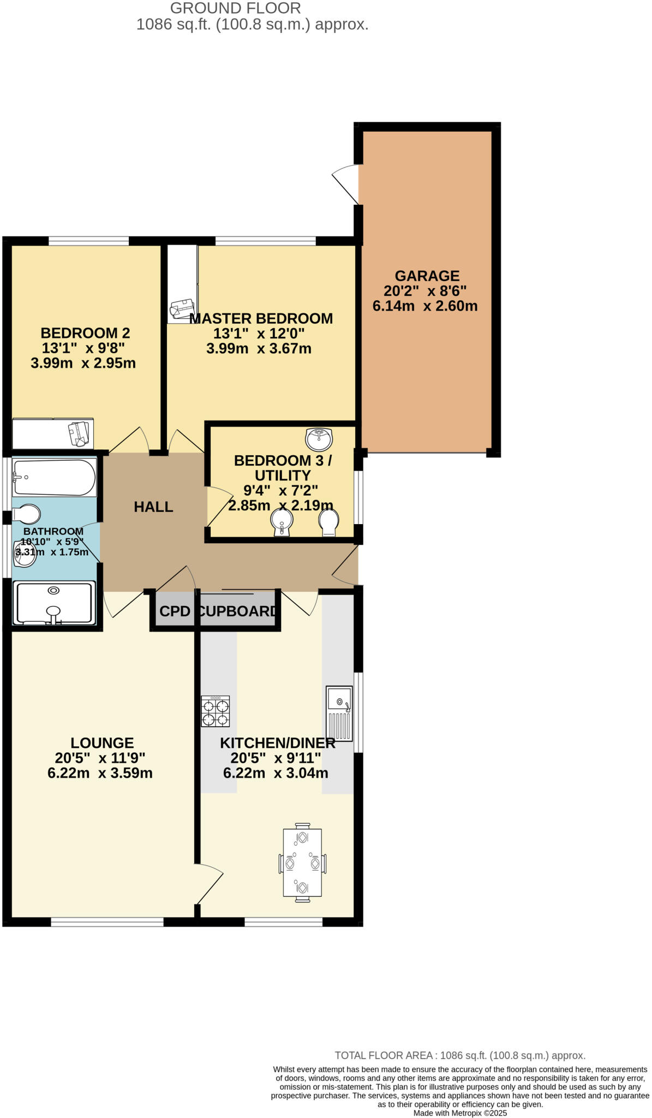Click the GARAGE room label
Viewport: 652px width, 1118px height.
point(427,276)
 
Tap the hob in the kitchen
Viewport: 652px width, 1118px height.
point(216,711)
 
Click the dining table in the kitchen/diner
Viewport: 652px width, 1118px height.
point(302,863)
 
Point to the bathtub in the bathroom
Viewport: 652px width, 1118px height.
point(54,477)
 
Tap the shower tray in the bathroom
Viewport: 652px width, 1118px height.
point(54,603)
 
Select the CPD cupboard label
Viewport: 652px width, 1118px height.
point(175,611)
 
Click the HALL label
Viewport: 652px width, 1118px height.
point(153,507)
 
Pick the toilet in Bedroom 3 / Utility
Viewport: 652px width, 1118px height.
point(328,522)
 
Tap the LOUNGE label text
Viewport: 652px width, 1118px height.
point(102,742)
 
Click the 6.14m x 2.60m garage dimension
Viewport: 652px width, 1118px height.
point(424,306)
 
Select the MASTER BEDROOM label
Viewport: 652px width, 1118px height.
point(261,318)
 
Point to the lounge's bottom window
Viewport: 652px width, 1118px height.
point(107,922)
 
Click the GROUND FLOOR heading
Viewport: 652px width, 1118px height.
point(235,8)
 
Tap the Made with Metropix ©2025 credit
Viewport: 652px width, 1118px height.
point(460,1113)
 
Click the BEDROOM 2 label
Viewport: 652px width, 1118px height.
point(85,332)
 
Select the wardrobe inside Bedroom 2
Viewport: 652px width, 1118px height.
point(52,433)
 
